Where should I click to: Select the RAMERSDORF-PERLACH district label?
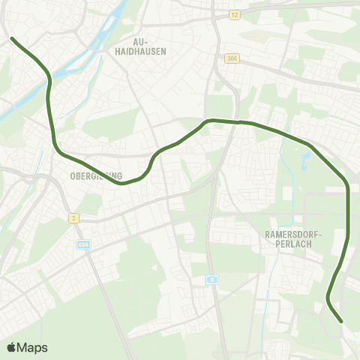point(292,239)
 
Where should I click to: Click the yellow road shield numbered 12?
point(234,15)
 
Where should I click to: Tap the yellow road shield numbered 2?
point(73,217)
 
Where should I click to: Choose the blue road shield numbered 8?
point(213,279)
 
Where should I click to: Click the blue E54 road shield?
point(83,244)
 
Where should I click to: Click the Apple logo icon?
point(11,347)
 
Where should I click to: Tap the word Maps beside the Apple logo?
point(32,347)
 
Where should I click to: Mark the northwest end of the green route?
point(12,37)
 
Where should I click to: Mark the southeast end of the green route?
point(342,322)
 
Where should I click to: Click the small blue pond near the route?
point(305,160)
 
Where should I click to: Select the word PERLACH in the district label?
point(292,244)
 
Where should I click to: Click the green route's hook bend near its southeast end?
point(329,300)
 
